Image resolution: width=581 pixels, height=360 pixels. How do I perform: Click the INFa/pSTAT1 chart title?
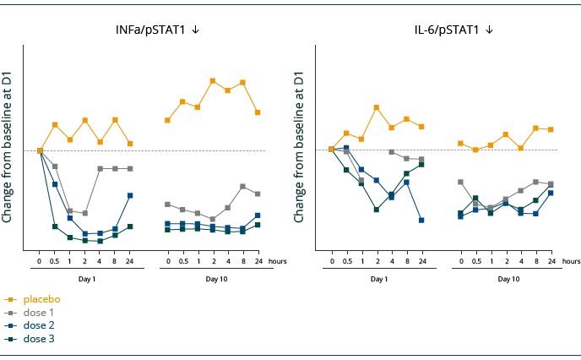click(152, 30)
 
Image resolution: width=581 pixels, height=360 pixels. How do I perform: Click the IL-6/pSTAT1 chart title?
click(447, 30)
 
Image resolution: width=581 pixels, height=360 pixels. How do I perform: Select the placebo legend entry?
click(41, 299)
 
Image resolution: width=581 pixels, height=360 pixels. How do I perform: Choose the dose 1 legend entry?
click(39, 313)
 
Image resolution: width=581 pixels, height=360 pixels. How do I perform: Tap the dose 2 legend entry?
click(39, 325)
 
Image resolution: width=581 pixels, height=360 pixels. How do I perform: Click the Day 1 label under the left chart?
click(87, 279)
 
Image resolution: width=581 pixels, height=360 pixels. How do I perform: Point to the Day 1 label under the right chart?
click(379, 279)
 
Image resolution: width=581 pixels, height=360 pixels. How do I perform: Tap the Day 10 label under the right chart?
click(508, 279)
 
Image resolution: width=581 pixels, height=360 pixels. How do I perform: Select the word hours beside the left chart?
click(278, 262)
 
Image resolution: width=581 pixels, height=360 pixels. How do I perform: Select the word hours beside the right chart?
click(571, 262)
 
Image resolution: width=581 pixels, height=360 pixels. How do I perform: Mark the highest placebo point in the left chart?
click(213, 81)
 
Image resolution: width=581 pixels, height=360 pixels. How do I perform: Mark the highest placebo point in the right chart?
click(377, 107)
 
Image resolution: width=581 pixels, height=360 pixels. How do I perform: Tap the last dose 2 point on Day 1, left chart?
click(130, 195)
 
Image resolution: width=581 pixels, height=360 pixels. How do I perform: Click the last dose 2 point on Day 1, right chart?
click(421, 220)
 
